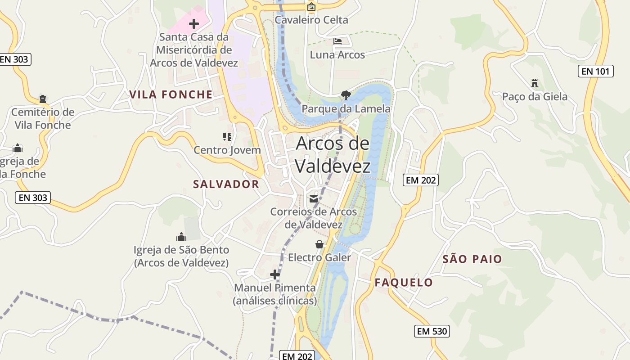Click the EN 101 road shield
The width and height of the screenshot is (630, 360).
point(595,71)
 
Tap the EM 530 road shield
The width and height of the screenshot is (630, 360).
point(432,332)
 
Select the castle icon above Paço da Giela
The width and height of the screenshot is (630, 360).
point(535,83)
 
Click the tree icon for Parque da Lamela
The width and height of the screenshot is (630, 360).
point(346,95)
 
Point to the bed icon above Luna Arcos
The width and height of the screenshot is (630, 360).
point(337,41)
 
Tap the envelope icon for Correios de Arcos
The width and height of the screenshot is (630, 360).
point(313,198)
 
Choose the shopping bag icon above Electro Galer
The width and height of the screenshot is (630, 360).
point(319,244)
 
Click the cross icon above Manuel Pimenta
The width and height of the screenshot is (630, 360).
point(274,274)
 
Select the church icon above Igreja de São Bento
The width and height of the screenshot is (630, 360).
point(181,237)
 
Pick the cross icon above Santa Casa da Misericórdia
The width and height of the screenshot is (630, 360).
point(194,23)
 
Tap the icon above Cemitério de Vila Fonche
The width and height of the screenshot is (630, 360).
point(43,99)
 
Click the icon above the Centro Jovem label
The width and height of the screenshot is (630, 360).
point(227,136)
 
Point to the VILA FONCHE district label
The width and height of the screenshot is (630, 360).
point(171,94)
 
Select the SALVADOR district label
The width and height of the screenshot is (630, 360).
point(226,184)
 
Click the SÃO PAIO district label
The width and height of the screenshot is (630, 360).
point(472,259)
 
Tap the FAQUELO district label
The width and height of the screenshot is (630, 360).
point(404,283)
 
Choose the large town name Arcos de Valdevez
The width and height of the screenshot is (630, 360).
point(333,154)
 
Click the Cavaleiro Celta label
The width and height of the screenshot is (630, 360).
point(311,20)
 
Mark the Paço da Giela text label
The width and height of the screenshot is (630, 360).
point(535,97)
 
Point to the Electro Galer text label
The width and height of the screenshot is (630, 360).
point(319,257)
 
